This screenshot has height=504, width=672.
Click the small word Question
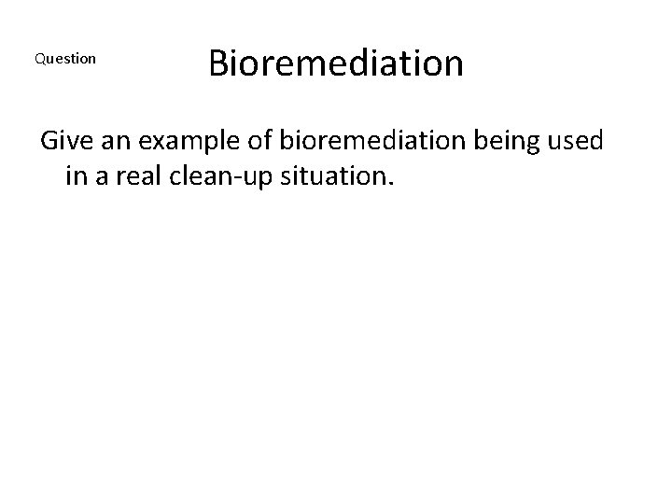[x=64, y=59]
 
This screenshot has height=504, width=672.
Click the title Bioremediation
[x=335, y=63]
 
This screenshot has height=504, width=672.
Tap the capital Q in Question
[x=39, y=59]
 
